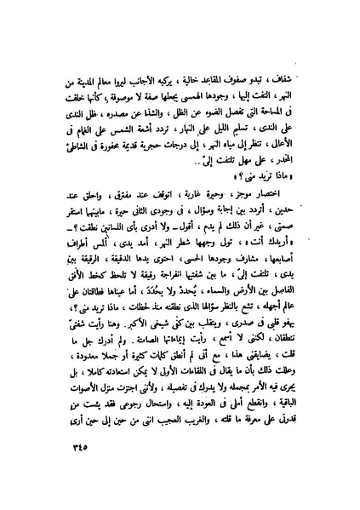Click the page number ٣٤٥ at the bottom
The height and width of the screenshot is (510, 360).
pyautogui.click(x=55, y=467)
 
